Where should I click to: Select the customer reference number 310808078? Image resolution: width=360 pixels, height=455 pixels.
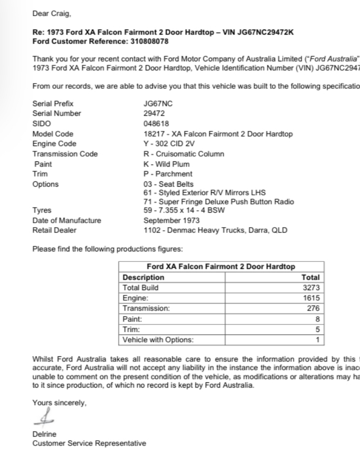(x=151, y=42)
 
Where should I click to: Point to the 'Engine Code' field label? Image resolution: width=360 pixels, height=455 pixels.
(x=54, y=144)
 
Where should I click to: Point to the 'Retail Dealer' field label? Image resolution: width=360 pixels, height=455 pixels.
(x=54, y=231)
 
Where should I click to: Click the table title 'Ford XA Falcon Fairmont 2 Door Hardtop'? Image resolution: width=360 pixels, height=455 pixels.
(x=220, y=267)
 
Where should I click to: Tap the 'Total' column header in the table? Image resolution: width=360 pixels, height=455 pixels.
(x=310, y=277)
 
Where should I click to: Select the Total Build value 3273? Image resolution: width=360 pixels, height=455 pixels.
(x=312, y=288)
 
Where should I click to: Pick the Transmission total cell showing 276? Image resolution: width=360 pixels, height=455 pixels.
(x=313, y=308)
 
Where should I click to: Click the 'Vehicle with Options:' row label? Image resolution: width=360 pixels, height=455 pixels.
(x=152, y=339)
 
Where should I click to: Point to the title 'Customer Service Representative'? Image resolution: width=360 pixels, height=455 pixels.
(x=89, y=444)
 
